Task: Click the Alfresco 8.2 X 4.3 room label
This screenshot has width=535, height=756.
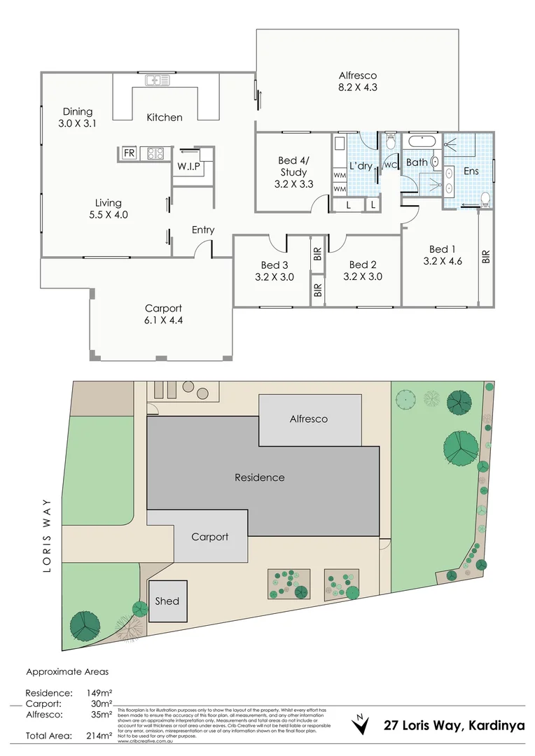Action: coord(358,82)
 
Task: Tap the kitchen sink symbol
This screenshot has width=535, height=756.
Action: coord(158,80)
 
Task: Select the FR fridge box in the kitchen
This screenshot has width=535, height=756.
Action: coord(129,153)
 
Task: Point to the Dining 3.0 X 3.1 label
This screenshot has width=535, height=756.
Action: coord(78,117)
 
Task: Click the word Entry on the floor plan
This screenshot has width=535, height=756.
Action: coord(203,230)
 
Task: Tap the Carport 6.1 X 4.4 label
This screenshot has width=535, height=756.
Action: coord(163,314)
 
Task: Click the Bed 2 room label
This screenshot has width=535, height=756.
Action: coord(363,270)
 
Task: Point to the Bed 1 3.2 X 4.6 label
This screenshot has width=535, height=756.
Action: coord(443,255)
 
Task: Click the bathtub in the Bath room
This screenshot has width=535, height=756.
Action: coord(422,141)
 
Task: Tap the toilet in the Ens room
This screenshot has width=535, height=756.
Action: coord(485,197)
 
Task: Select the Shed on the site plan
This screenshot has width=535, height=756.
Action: coord(167,601)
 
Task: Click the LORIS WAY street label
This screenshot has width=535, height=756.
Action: coord(48,535)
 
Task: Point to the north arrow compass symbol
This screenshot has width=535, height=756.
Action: coord(360,724)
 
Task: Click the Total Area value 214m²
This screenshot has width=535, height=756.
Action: coord(99,736)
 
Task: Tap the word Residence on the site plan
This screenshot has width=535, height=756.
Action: coord(259,477)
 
